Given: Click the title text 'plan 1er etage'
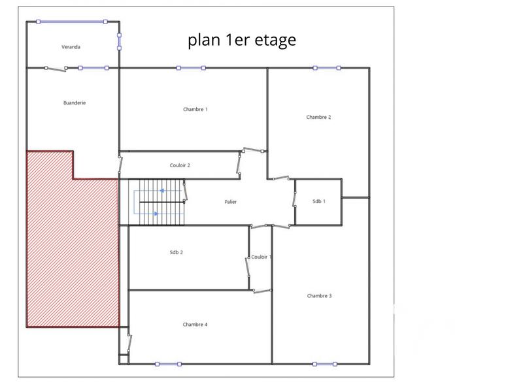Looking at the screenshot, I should pos(242,41).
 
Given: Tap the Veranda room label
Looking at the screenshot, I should pos(71,47).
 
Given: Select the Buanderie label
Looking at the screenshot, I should pos(75,103).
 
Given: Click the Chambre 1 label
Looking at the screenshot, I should pos(195,109).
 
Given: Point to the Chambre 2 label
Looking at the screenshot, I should pos(318,117).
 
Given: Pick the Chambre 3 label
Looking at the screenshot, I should pos(319,296).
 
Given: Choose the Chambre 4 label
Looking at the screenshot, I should pos(195,325).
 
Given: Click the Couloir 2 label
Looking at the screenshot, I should pos(180,165).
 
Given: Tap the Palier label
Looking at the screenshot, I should pos(230,202).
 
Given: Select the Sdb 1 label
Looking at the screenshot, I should pos(318,201).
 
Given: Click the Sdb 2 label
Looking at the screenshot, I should pos(176,252).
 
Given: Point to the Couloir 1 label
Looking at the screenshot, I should pos(261,257).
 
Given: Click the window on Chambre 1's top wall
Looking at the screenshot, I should pos(190,68).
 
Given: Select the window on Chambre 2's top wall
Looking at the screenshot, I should pos(327,68).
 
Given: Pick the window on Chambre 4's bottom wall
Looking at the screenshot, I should pos(168,364).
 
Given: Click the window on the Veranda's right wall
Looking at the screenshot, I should pos(119,41).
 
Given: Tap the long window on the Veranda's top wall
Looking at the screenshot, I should pos(72,22).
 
